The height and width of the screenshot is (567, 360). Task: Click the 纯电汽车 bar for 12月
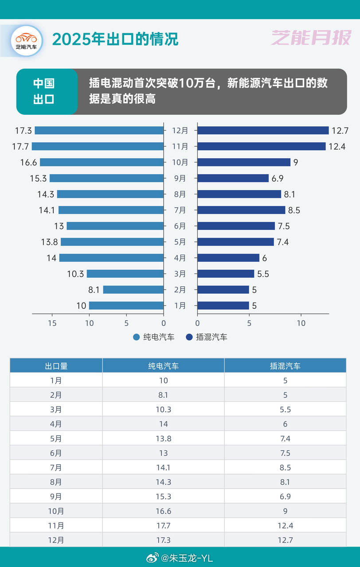(99, 130)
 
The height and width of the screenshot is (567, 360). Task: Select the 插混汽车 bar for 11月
(261, 146)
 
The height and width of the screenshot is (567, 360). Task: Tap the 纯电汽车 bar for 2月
(133, 290)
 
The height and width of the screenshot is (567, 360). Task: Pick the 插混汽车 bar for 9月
(233, 178)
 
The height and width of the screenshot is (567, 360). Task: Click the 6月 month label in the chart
(180, 226)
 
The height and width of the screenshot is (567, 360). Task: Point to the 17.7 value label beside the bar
(20, 146)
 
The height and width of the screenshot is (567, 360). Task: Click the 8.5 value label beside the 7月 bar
(294, 210)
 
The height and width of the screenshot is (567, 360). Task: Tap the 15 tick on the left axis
(52, 323)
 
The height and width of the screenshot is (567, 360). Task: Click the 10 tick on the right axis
(301, 323)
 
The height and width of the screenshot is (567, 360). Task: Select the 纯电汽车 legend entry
(154, 337)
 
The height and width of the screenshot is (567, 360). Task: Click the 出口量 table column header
(56, 366)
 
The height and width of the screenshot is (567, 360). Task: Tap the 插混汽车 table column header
(285, 366)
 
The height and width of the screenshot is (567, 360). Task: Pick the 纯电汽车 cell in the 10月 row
(164, 511)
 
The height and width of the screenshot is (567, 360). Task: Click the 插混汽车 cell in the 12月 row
(285, 540)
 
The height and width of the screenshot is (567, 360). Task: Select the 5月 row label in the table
(56, 439)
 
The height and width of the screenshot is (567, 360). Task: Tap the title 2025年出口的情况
(115, 39)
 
